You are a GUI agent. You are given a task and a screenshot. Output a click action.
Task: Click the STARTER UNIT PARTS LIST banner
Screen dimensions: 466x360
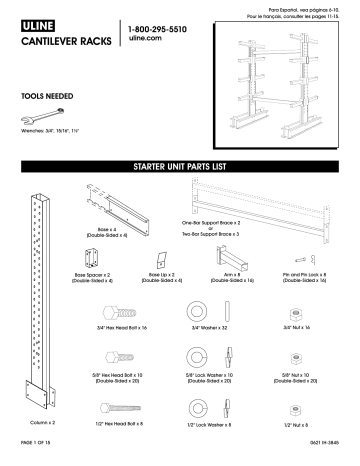tap(181, 165)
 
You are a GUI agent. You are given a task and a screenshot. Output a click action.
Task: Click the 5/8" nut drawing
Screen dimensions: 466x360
tap(296, 357)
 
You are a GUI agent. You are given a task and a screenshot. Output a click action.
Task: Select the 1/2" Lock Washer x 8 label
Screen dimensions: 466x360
tap(192, 426)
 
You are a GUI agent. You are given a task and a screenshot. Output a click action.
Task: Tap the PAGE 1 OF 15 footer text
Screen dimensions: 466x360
tap(39, 457)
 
